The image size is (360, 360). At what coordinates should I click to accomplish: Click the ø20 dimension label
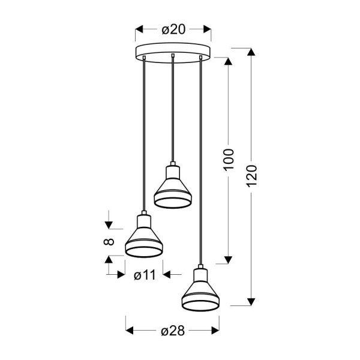click(x=173, y=28)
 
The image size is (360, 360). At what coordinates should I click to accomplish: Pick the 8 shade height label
click(x=109, y=242)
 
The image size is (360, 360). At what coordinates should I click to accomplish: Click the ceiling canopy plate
click(x=173, y=51)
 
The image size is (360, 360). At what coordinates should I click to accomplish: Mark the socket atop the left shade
click(x=143, y=219)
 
